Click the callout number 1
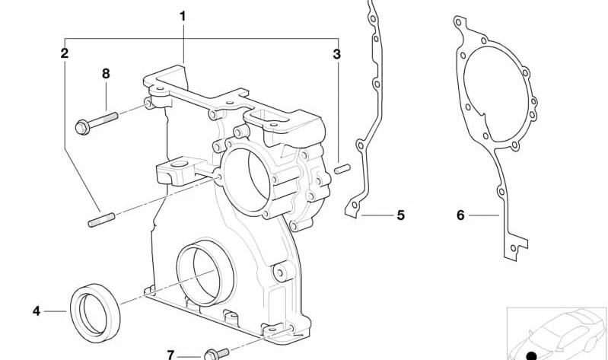[183, 16]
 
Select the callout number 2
[65, 53]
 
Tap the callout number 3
[336, 54]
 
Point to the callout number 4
[37, 311]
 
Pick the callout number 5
[400, 215]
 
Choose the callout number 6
[460, 215]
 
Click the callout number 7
[170, 355]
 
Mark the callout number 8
[106, 74]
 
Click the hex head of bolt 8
[82, 127]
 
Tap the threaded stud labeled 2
[102, 220]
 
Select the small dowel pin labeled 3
[342, 169]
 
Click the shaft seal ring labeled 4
[95, 314]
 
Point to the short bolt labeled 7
[216, 354]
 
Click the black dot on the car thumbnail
[532, 355]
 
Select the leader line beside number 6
[484, 215]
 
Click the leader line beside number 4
[56, 311]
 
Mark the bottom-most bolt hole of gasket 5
[355, 205]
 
